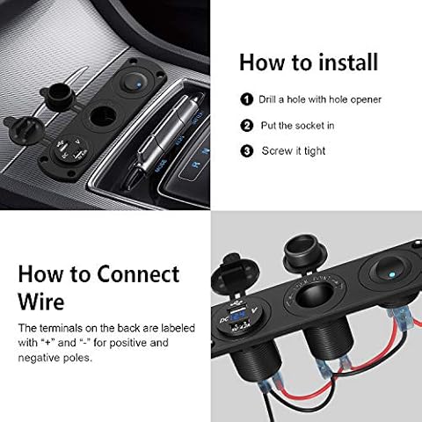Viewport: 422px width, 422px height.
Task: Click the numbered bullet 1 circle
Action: tap(247, 99)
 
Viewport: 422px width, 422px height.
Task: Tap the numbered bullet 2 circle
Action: tap(247, 126)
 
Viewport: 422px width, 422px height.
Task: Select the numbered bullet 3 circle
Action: tap(247, 151)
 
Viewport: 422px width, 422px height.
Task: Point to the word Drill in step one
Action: tap(267, 99)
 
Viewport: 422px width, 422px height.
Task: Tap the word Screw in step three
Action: tap(277, 151)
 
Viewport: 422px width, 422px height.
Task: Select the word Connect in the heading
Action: tap(138, 274)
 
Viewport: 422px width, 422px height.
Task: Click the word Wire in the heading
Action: tap(41, 301)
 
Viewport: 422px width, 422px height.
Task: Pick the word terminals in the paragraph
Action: tap(61, 328)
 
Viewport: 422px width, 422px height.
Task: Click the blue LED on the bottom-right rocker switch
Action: tap(392, 275)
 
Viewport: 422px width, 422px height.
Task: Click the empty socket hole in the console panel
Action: tap(103, 116)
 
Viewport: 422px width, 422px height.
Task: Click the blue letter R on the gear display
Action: tap(195, 164)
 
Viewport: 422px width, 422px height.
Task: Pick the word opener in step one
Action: tap(366, 99)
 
